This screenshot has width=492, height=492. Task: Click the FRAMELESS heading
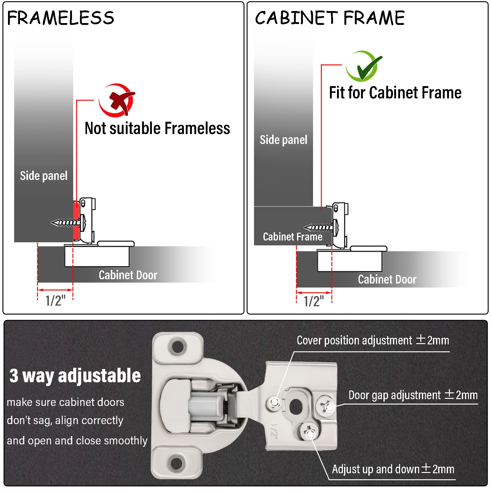point(61,18)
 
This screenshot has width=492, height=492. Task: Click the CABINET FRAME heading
point(330,18)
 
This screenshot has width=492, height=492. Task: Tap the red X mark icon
point(117,100)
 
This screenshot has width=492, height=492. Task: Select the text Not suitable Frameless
point(157,128)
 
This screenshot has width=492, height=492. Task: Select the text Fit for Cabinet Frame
point(395,93)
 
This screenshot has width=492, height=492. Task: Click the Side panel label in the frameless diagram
point(44,176)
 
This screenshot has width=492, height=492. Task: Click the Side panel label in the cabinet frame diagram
point(283,140)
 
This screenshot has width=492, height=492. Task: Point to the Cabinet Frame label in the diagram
point(292,236)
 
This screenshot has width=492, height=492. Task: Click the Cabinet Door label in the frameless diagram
point(128,275)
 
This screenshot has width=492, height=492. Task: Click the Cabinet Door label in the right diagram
point(387,279)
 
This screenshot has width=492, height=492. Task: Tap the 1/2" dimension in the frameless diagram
point(55,300)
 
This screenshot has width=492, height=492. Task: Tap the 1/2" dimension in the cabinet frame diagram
point(314,301)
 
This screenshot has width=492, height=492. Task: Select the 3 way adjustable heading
point(75,375)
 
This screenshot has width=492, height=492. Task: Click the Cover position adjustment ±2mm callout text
point(373,340)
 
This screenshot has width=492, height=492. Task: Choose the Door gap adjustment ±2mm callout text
point(413,395)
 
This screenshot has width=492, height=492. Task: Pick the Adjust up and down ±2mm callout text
point(393,469)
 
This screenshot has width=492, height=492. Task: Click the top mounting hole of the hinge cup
point(178,347)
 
